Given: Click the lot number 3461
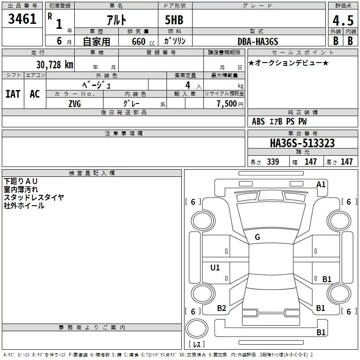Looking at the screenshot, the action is tap(22, 19).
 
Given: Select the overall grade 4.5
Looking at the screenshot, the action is tap(343, 21).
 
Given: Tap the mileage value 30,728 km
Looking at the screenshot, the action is tap(54, 65).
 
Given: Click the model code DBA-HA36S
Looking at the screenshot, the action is tap(258, 41).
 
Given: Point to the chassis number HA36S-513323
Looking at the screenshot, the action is tap(302, 143).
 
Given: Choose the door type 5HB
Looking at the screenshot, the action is tap(174, 20).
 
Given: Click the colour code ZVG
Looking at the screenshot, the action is tap(75, 104).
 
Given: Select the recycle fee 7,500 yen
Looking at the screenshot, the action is tap(230, 104).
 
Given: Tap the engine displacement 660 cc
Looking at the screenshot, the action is tap(143, 41).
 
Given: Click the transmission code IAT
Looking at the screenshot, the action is tap(13, 94).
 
